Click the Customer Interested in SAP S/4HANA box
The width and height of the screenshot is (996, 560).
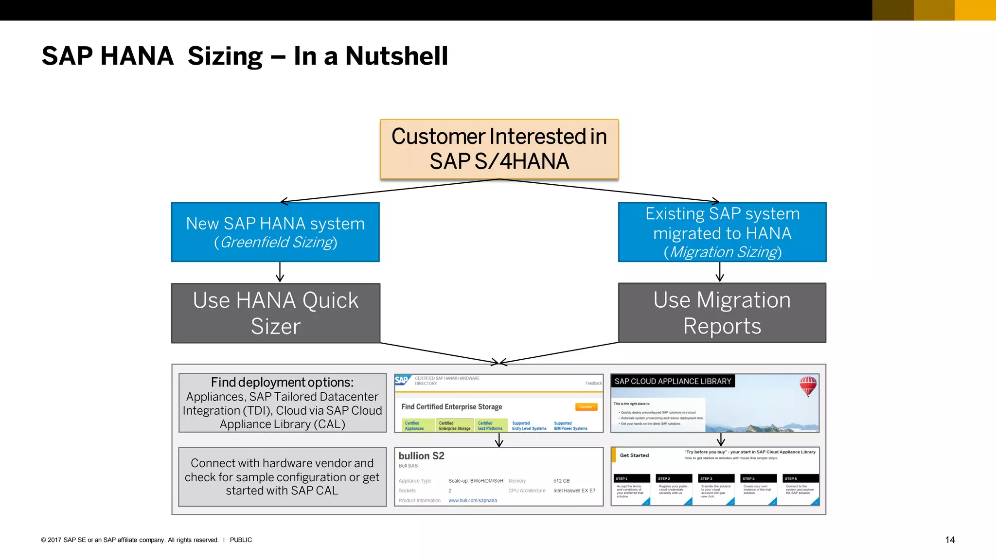[499, 149]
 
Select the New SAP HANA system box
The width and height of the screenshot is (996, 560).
[275, 232]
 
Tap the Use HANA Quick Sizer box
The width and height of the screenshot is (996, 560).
[275, 313]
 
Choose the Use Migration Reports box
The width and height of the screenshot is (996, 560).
[722, 313]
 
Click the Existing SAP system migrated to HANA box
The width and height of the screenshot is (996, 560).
[722, 232]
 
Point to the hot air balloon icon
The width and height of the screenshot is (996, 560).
[808, 385]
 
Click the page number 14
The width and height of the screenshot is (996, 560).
[949, 540]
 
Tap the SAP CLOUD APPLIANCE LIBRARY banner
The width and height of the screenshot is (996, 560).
[673, 381]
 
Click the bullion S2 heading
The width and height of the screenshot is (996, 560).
[421, 456]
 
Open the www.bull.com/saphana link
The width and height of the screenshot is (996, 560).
[472, 500]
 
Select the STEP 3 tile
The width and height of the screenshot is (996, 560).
[716, 489]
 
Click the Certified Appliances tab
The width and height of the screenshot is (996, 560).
[414, 426]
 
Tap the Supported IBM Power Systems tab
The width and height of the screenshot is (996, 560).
[570, 426]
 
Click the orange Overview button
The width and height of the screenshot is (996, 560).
[586, 407]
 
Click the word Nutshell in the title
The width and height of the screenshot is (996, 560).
[396, 56]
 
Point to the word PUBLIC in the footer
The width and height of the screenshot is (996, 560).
[241, 540]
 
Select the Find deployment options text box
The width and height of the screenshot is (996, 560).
[282, 402]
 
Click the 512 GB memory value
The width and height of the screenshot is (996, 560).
[561, 481]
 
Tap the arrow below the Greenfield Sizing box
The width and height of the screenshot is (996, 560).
[280, 272]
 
